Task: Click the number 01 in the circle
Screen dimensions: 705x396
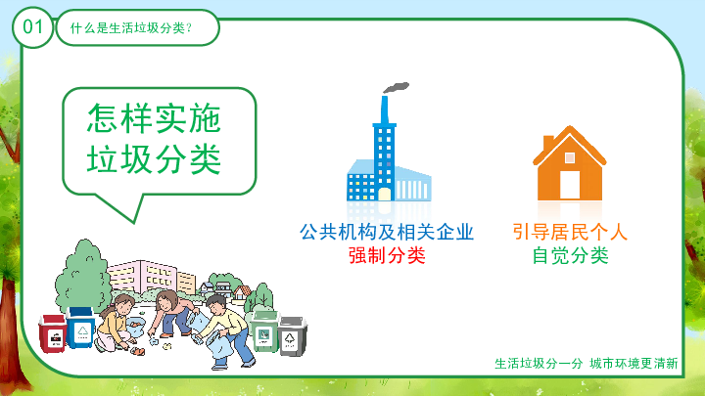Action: (x=33, y=27)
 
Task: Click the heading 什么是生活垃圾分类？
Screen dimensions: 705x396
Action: (x=131, y=28)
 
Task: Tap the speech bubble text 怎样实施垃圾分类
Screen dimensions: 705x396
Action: (x=155, y=139)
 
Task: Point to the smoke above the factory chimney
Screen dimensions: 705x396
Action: (x=396, y=88)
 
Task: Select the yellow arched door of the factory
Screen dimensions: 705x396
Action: (x=385, y=194)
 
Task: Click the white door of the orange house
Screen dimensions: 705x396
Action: (x=570, y=185)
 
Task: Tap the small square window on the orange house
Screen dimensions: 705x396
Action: (x=570, y=157)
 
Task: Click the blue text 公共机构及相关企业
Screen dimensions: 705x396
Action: (x=387, y=232)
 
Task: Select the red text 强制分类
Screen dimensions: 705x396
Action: (x=387, y=256)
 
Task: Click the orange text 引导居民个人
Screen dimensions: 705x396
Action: (x=570, y=232)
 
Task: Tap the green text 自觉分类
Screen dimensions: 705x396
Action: (x=570, y=256)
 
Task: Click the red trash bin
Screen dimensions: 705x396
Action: (x=53, y=333)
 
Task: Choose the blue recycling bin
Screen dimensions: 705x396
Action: (x=81, y=328)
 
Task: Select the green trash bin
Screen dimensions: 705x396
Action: (x=264, y=331)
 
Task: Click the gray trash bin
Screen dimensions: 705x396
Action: (x=292, y=336)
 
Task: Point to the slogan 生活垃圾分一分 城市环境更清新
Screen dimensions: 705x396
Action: (x=586, y=363)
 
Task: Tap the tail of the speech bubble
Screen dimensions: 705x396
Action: (x=127, y=206)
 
